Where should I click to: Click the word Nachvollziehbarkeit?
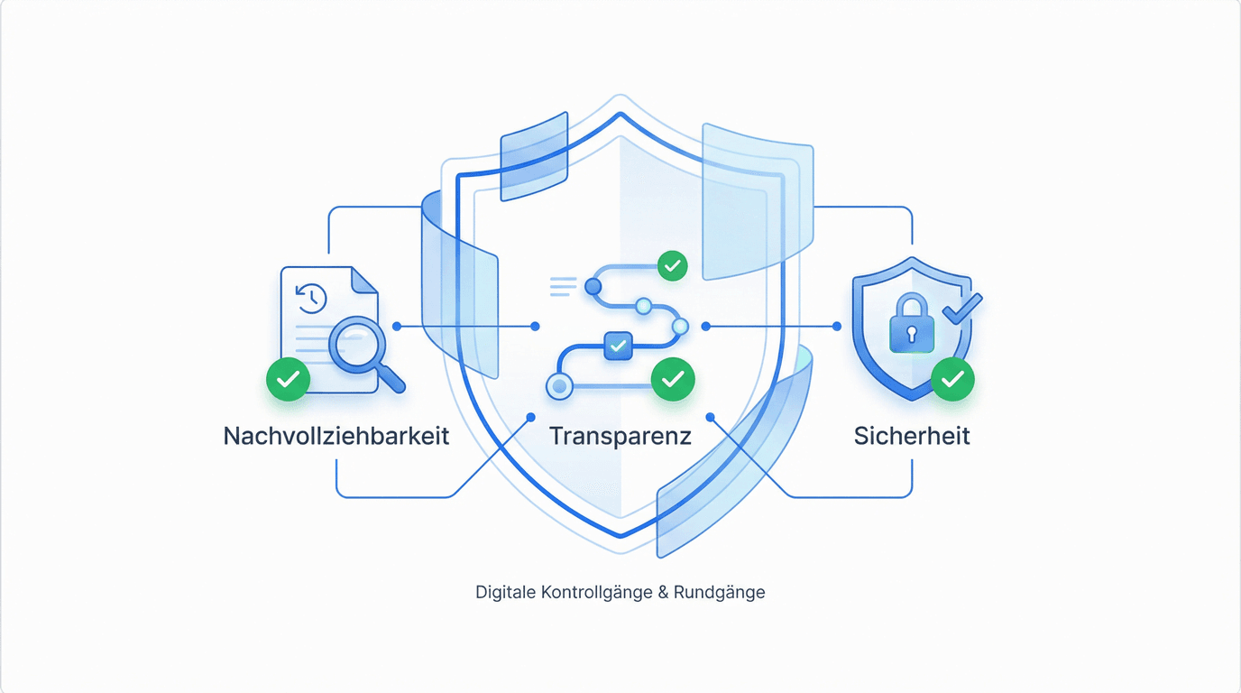[336, 436]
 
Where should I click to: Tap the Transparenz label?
[620, 436]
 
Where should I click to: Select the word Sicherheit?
[912, 436]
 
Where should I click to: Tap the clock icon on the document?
[311, 297]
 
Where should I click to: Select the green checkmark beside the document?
[288, 380]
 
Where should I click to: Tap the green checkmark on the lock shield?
[952, 380]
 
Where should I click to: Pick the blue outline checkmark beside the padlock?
[962, 310]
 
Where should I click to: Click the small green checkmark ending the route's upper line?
[672, 265]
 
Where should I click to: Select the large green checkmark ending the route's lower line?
[673, 380]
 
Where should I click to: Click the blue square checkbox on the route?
[618, 346]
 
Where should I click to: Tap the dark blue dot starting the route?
[593, 287]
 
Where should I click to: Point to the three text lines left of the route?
[563, 287]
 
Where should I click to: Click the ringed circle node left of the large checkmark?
[559, 386]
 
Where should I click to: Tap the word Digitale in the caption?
[506, 593]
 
